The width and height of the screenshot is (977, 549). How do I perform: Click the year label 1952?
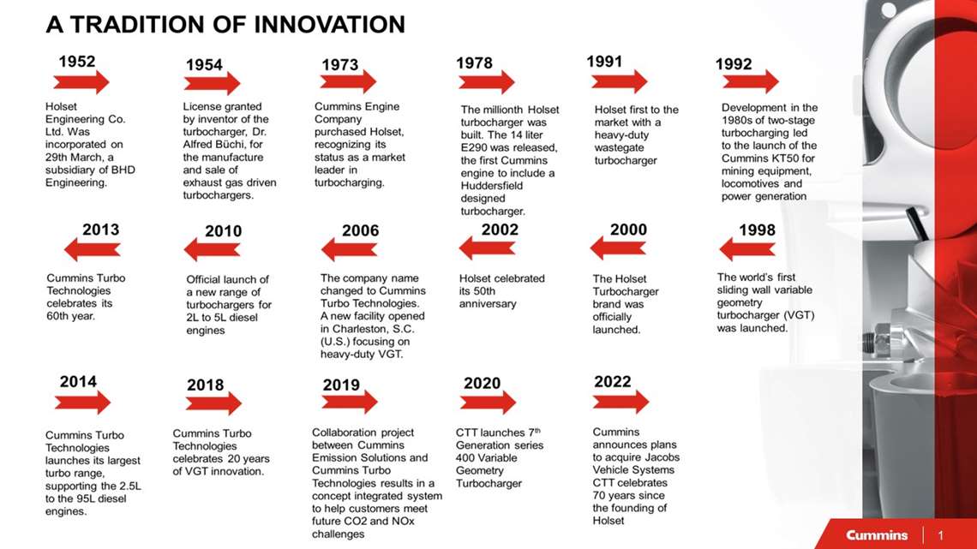pyautogui.click(x=76, y=62)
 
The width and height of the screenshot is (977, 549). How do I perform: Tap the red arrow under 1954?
pyautogui.click(x=212, y=83)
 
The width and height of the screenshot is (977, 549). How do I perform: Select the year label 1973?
pyautogui.click(x=339, y=65)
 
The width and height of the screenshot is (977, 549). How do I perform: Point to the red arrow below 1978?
pyautogui.click(x=486, y=82)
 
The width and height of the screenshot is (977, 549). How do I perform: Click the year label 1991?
pyautogui.click(x=604, y=62)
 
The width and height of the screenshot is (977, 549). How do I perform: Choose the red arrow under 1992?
pyautogui.click(x=750, y=82)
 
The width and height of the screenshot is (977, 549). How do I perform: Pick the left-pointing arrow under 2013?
pyautogui.click(x=93, y=249)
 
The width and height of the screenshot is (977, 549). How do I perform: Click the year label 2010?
pyautogui.click(x=223, y=231)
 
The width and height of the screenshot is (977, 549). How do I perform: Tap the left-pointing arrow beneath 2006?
pyautogui.click(x=349, y=249)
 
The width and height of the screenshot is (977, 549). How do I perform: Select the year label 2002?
pyautogui.click(x=500, y=230)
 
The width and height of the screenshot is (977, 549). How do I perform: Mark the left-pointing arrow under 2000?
pyautogui.click(x=617, y=248)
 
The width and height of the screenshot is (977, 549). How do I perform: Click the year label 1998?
pyautogui.click(x=757, y=230)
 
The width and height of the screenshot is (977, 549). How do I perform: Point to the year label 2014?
pyautogui.click(x=78, y=382)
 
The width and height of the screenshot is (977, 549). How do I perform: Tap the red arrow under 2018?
pyautogui.click(x=213, y=403)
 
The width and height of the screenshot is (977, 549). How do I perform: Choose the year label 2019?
pyautogui.click(x=341, y=385)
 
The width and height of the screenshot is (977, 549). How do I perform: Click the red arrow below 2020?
pyautogui.click(x=487, y=403)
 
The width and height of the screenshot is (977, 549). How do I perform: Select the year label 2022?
pyautogui.click(x=612, y=382)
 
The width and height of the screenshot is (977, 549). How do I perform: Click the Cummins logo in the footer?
pyautogui.click(x=876, y=535)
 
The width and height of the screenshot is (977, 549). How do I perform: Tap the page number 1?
pyautogui.click(x=940, y=535)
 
